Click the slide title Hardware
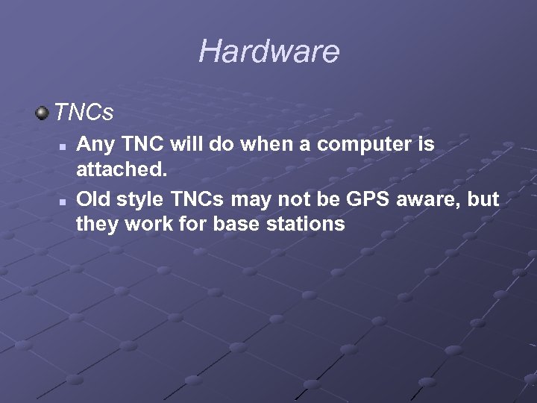coord(268,51)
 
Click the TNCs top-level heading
coord(84,113)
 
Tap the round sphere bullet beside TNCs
coord(42,113)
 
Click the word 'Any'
coord(92,144)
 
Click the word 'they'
coord(95,224)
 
